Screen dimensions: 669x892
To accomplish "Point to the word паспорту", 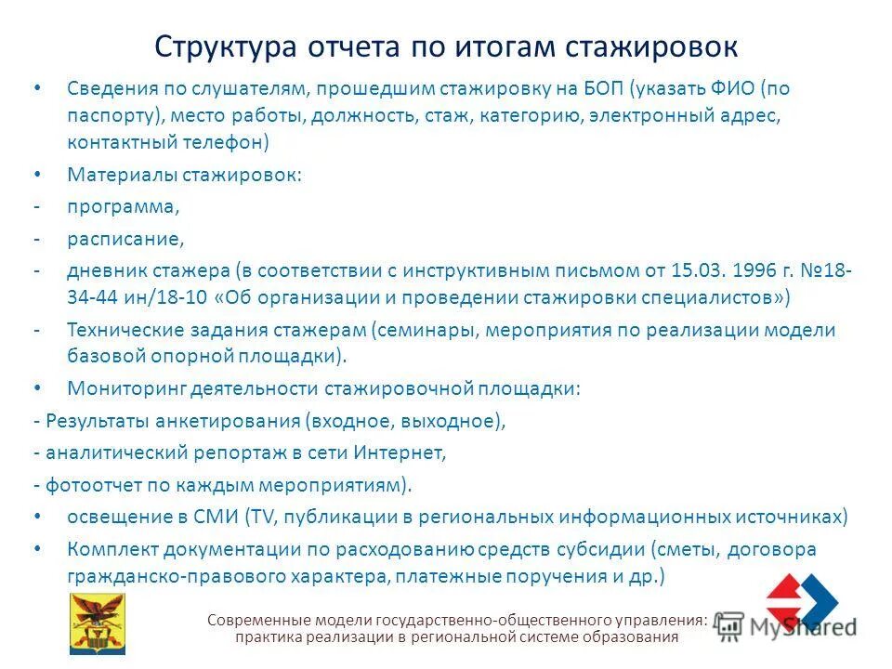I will coord(111,116).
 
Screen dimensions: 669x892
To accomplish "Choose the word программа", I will coord(121,206).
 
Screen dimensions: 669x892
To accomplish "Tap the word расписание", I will coord(125,239).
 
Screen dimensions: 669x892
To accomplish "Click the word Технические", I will coord(125,330).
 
